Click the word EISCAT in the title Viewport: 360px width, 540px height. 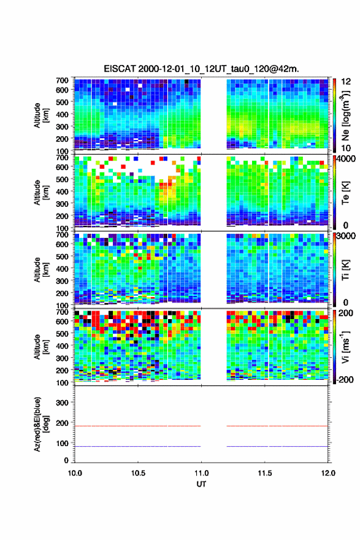(120, 69)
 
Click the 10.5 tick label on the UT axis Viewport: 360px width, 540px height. (138, 473)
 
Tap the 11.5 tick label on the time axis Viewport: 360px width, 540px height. (265, 473)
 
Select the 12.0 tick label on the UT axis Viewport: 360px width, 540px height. (328, 473)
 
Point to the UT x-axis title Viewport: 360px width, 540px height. (201, 484)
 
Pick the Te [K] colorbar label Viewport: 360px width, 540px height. (345, 193)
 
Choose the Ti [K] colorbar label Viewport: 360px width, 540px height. (345, 270)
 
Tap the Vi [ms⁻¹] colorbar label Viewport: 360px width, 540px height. (345, 347)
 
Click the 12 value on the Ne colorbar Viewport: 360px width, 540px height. (345, 82)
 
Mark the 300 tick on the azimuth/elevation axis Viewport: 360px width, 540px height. (62, 403)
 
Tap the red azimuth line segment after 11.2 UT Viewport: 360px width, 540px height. (277, 426)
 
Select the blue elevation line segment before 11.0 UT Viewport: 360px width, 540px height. (137, 446)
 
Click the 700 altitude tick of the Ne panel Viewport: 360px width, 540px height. (62, 80)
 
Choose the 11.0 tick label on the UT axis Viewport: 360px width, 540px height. (201, 473)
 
